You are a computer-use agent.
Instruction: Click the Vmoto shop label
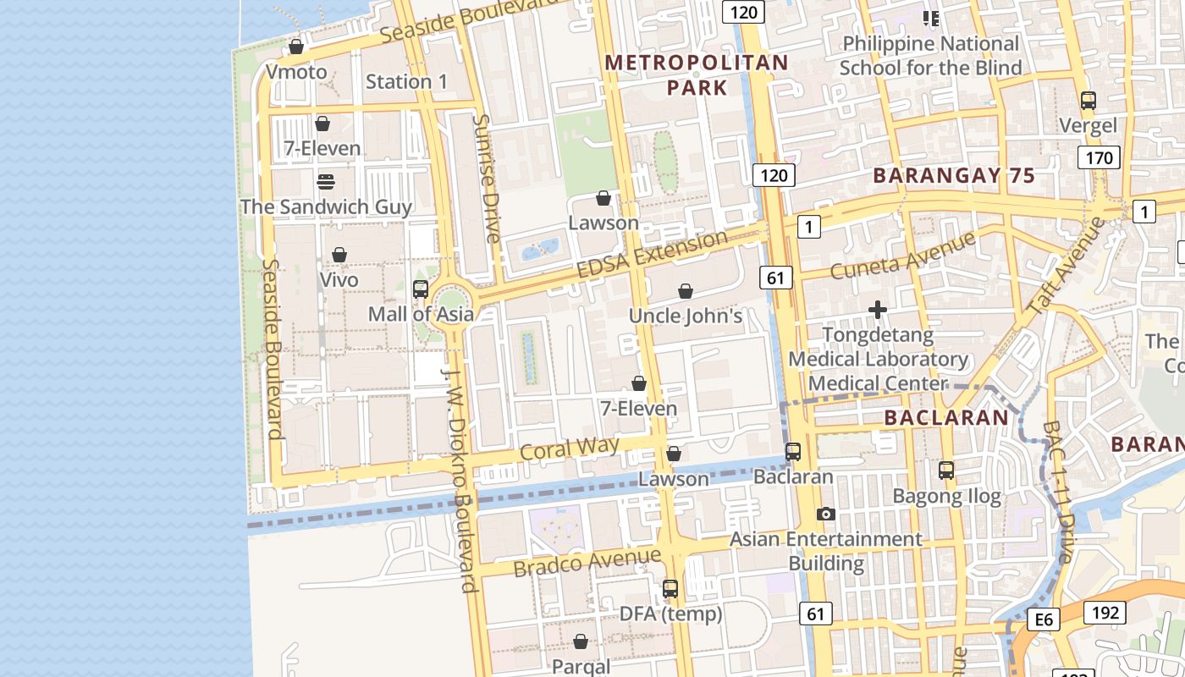(296, 72)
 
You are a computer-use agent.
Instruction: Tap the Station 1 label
(406, 82)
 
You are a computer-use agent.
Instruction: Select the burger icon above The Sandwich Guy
(326, 182)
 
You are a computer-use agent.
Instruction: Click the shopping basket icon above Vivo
(339, 255)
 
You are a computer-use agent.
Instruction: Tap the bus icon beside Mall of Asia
(421, 289)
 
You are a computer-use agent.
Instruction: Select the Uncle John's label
(686, 316)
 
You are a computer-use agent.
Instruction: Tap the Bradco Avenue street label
(587, 561)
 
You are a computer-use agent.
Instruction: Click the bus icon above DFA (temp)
(670, 588)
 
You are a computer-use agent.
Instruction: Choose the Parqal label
(581, 666)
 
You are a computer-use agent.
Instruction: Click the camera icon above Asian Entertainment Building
(826, 514)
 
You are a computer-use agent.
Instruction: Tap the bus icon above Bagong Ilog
(946, 471)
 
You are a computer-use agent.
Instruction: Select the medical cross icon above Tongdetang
(878, 311)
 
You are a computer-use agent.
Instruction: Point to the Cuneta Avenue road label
(902, 256)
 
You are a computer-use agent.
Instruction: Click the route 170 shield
(1099, 157)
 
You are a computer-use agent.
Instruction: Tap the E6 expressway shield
(1044, 620)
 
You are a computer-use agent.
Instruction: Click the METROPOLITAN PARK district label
(697, 74)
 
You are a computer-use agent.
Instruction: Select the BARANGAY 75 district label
(953, 176)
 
